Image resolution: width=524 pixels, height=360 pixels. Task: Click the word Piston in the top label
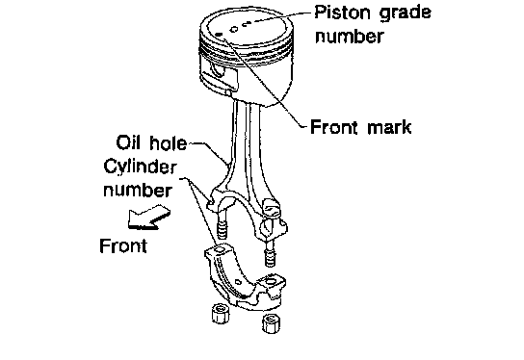coord(343,13)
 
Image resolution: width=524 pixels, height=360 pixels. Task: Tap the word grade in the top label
coord(405,13)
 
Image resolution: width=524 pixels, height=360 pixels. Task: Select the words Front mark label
coord(361,127)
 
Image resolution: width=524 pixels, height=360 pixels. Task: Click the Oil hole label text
coord(151,142)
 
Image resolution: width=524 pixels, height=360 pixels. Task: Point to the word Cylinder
coord(141,167)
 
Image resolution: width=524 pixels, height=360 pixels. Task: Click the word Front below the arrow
coord(123,245)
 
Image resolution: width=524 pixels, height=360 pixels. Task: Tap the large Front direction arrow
coord(148,218)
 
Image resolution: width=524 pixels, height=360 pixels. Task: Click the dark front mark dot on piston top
coord(220,35)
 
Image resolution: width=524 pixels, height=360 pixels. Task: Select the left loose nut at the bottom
coord(221,313)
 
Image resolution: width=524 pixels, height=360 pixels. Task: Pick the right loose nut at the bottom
coord(271,322)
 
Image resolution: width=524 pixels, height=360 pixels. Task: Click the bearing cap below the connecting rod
coord(244,277)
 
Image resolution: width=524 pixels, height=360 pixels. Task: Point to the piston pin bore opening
coord(218,69)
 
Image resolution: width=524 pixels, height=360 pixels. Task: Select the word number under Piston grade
coord(350,37)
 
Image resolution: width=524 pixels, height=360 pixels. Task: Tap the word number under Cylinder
coord(138,191)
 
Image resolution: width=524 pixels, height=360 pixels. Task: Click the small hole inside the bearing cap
coord(238,282)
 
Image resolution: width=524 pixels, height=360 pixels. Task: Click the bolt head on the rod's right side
coord(272,208)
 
